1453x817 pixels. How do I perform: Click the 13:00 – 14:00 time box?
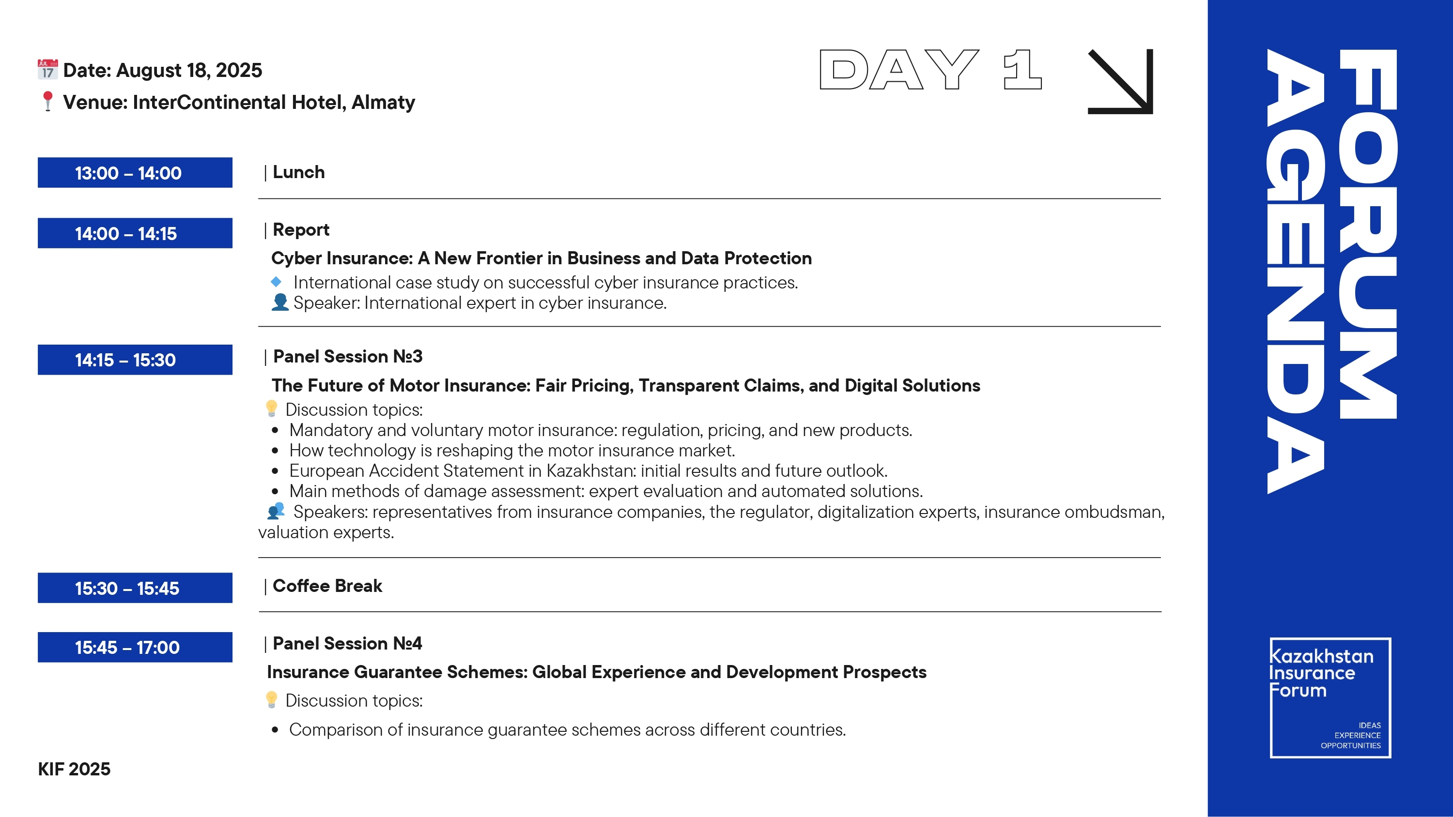click(135, 172)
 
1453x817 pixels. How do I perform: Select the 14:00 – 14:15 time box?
click(135, 233)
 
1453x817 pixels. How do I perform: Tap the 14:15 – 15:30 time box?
click(135, 360)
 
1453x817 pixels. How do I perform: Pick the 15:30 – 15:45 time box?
click(135, 588)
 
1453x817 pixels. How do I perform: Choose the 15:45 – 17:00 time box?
click(135, 647)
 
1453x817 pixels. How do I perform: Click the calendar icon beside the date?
click(48, 69)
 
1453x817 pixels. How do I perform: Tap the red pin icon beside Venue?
click(48, 102)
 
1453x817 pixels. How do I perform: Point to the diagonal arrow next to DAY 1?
click(1120, 82)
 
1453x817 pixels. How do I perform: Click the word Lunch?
click(299, 172)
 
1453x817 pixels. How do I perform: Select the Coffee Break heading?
click(327, 586)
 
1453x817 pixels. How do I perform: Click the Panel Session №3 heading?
click(347, 356)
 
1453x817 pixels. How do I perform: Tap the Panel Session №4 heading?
click(347, 643)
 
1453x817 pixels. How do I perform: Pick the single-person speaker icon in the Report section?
click(280, 302)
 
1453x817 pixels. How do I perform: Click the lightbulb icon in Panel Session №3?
click(271, 408)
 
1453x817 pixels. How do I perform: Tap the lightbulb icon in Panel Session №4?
click(271, 700)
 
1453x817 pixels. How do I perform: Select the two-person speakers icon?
click(276, 511)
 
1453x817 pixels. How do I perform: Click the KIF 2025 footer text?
click(74, 769)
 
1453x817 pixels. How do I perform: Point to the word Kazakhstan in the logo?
click(1322, 656)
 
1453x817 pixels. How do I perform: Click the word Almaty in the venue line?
click(384, 102)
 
